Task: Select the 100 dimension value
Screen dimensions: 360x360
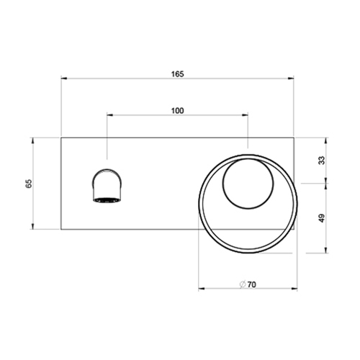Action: click(178, 110)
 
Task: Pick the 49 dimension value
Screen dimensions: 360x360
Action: click(321, 218)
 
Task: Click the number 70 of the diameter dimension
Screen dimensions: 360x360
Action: click(252, 284)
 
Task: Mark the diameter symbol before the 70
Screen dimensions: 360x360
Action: click(243, 284)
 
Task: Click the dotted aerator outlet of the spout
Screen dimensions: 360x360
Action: click(105, 199)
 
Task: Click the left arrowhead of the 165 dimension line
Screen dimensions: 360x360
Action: click(63, 78)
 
